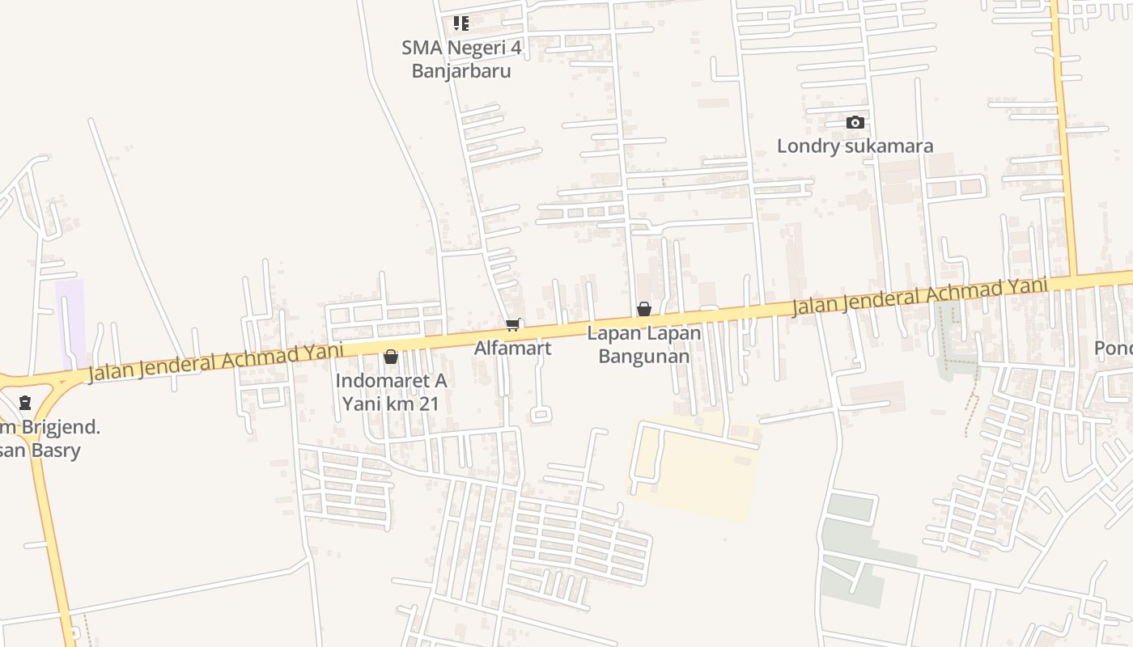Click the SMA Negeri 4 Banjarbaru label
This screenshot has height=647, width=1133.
461,59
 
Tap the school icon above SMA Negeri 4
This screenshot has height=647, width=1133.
460,23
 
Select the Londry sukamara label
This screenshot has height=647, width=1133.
855,146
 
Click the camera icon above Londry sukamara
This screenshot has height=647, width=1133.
855,123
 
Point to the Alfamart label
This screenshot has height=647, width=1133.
512,349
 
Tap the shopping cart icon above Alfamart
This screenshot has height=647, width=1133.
512,326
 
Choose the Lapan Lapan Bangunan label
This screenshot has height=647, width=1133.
643,345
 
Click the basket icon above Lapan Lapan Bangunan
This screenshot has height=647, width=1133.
644,309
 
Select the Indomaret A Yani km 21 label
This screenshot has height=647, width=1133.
391,391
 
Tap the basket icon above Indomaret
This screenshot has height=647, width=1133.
391,357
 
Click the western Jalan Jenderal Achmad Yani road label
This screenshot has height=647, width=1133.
214,362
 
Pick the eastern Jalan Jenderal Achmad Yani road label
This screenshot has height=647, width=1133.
919,296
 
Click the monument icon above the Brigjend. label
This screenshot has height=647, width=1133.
25,402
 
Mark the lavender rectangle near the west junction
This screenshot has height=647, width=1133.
70,323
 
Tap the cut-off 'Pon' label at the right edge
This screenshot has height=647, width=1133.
1114,349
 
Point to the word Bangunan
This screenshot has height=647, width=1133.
643,357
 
